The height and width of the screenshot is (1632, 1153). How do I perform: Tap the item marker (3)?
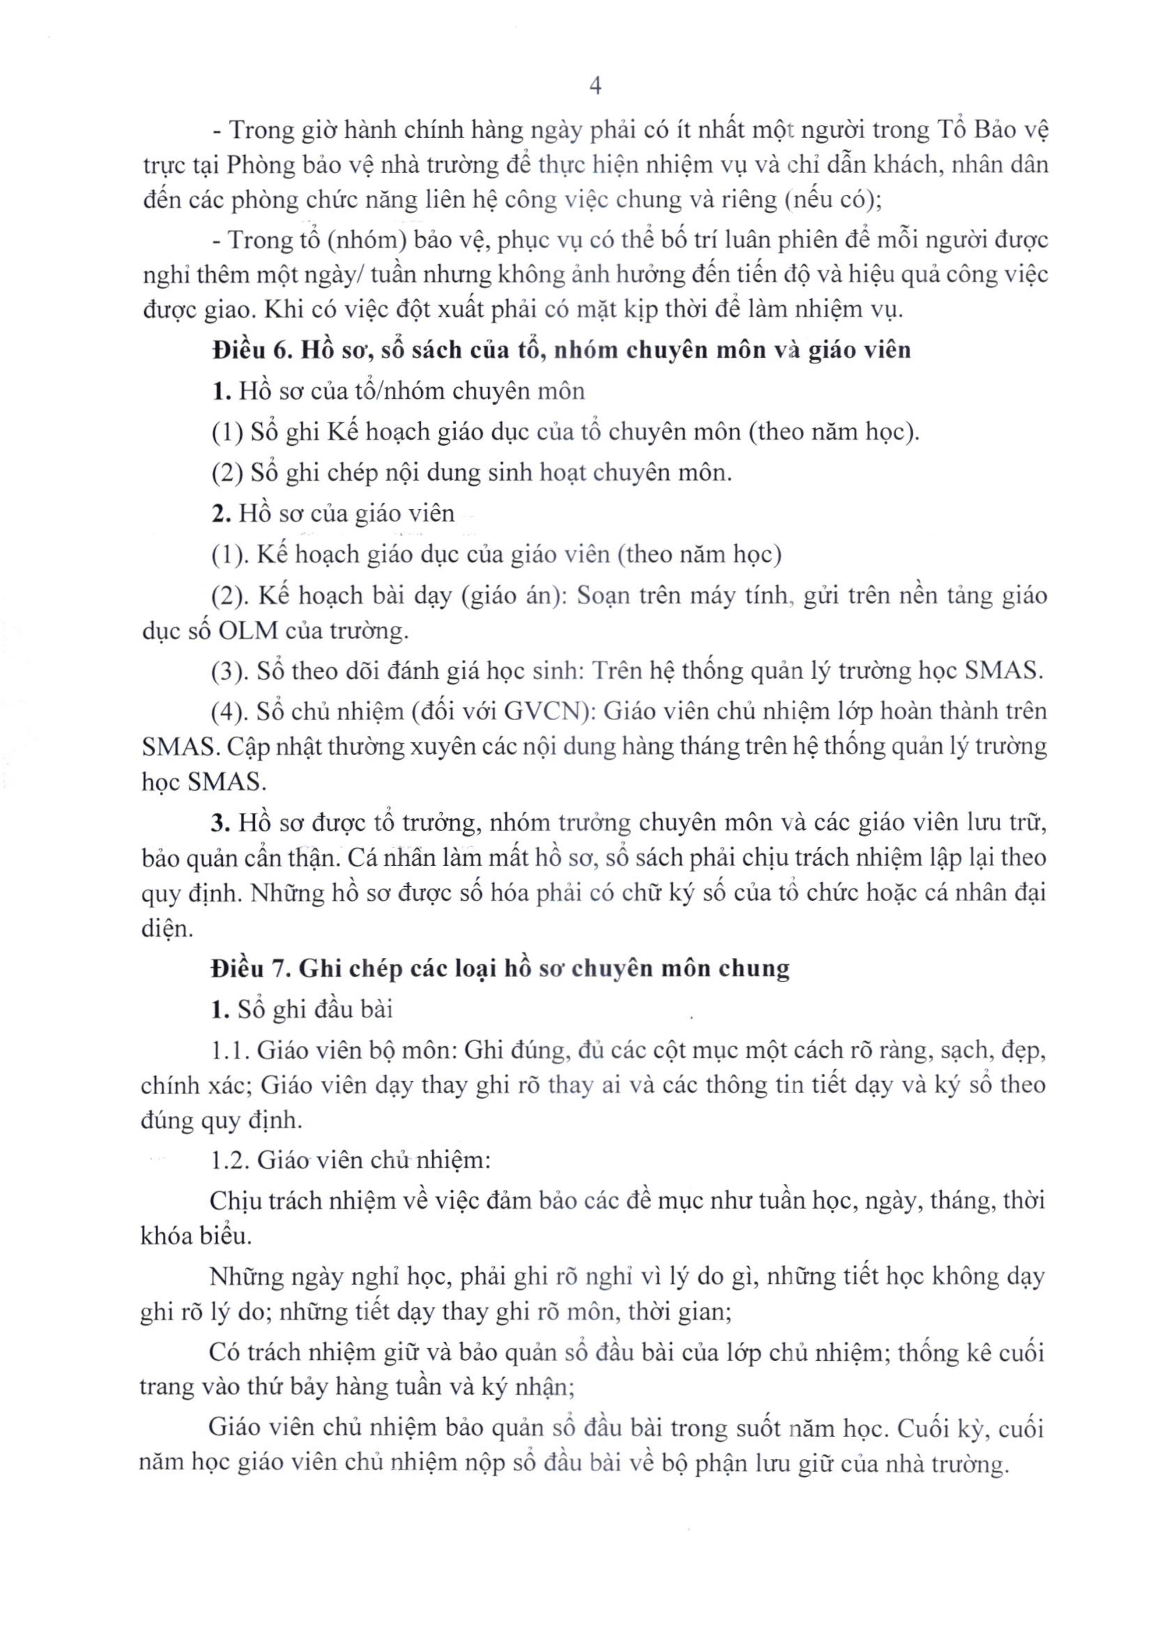(227, 671)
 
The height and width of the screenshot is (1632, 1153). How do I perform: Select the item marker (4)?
(227, 711)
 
